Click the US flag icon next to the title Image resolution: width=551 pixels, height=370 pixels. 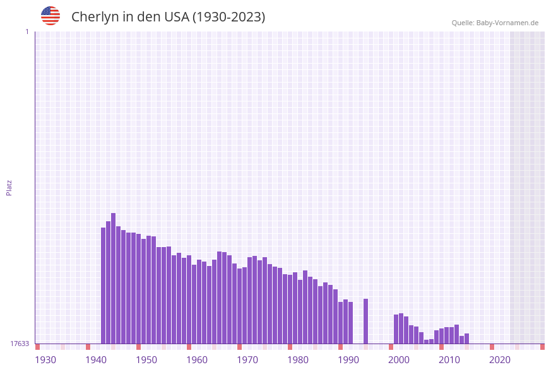[50, 16]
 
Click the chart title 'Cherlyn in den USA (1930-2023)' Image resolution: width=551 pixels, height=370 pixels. [168, 17]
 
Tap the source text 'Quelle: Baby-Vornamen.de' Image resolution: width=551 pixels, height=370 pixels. [495, 23]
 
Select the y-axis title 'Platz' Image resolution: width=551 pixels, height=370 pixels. [9, 187]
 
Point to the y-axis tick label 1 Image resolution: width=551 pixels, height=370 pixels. [27, 32]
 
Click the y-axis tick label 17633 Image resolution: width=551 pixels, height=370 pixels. [20, 344]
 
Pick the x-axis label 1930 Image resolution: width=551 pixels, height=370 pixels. [45, 360]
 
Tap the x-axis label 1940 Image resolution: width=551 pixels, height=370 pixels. [96, 360]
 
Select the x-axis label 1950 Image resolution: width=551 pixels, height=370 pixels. [146, 360]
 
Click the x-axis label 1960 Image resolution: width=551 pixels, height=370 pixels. [197, 360]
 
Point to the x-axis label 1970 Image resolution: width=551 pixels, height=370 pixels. [247, 360]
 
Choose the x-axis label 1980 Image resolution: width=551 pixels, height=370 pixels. [298, 360]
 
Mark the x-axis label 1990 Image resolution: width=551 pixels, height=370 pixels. [348, 360]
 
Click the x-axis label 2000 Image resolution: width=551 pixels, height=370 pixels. [399, 360]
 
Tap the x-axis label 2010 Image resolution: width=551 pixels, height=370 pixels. [449, 360]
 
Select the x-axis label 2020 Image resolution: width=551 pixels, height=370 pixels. [500, 360]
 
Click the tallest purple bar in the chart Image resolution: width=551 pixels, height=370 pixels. [114, 277]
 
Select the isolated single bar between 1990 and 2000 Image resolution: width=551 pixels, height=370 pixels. [366, 321]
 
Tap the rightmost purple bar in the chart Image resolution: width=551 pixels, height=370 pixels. [467, 338]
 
